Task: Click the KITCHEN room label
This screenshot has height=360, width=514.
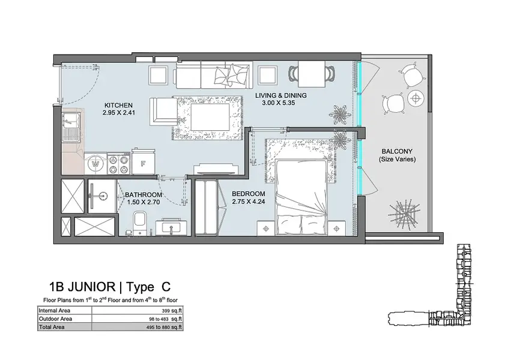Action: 118,105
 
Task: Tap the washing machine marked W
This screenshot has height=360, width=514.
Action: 95,163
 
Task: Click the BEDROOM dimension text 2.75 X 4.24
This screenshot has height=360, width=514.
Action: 248,202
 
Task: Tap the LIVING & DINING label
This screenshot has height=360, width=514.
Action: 281,95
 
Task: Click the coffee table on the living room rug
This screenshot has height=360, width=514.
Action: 210,116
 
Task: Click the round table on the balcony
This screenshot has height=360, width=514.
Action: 416,98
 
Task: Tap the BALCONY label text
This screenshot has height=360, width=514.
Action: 397,151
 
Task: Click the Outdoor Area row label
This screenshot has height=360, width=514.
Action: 55,319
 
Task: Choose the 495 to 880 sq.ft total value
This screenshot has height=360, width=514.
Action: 165,327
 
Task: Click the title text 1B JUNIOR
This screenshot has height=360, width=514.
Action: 82,287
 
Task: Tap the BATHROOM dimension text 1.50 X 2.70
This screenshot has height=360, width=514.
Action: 144,202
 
